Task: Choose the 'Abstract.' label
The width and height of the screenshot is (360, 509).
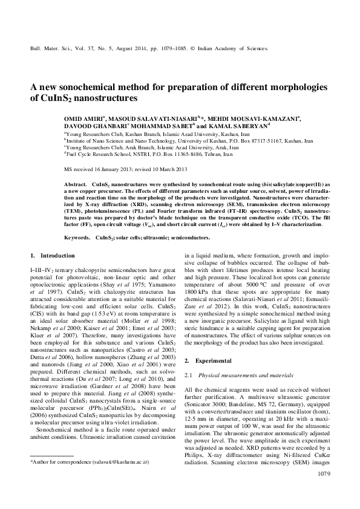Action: click(x=75, y=182)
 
